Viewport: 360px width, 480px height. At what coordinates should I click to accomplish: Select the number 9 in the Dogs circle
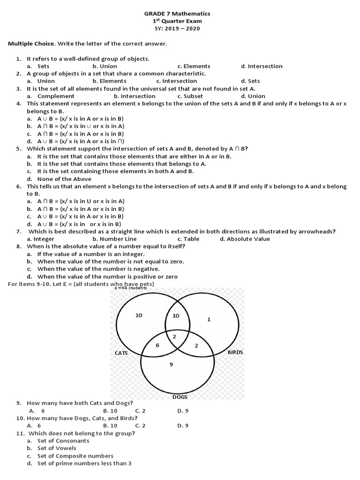(171, 364)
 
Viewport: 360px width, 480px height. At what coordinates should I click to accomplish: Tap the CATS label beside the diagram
(122, 353)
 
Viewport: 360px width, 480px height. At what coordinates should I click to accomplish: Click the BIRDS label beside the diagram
(235, 352)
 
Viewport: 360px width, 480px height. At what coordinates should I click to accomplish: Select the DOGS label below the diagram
(180, 397)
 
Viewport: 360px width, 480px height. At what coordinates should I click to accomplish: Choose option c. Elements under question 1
(194, 66)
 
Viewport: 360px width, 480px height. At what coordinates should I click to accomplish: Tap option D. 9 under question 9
(183, 411)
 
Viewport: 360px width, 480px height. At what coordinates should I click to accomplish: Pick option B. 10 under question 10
(110, 426)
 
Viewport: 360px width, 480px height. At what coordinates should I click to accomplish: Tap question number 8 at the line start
(18, 246)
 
